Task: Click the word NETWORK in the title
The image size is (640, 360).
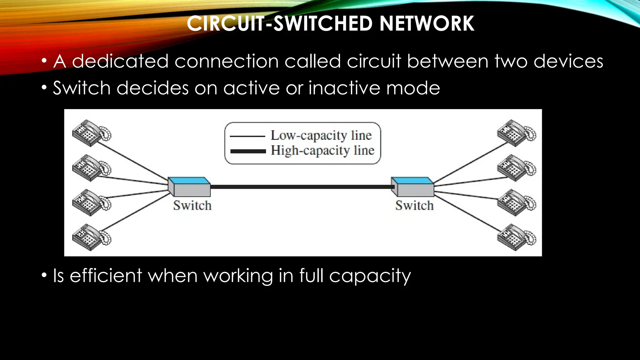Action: [427, 24]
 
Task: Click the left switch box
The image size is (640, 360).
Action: [189, 187]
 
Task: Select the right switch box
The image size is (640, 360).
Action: [412, 187]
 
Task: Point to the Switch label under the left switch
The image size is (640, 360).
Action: [192, 206]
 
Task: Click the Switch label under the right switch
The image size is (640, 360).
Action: [414, 206]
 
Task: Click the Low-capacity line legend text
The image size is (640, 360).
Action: [321, 136]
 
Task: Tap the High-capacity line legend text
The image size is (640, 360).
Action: [322, 151]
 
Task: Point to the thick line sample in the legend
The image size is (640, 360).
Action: [248, 151]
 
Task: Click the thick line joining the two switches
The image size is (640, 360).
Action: [300, 187]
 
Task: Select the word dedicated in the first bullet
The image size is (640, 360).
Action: [120, 61]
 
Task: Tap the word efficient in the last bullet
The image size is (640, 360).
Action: [106, 276]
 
